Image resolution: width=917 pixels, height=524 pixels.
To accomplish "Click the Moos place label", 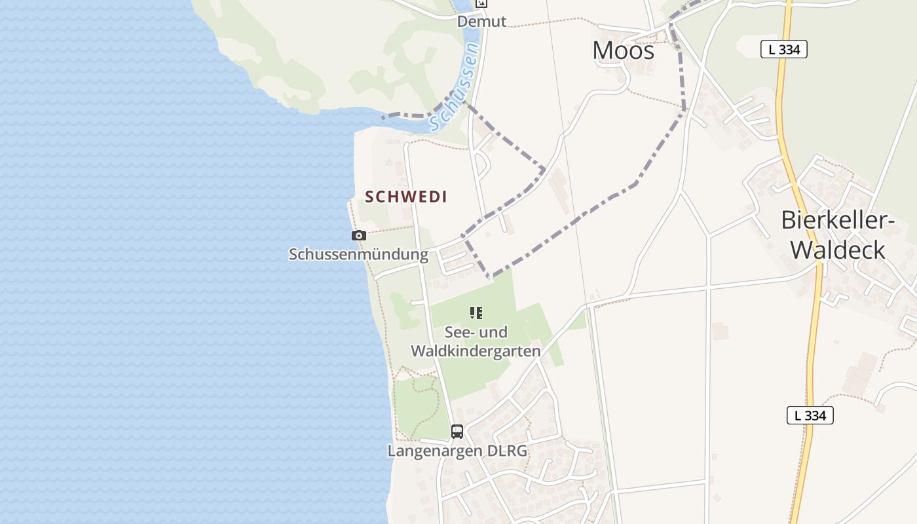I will (x=623, y=50).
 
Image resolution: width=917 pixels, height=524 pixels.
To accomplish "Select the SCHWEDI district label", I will (x=406, y=196).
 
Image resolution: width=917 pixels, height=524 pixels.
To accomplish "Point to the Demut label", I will (x=481, y=22).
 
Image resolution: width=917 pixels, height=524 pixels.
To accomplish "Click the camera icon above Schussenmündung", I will (x=358, y=235).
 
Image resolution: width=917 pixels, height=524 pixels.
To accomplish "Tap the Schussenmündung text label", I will (x=358, y=254).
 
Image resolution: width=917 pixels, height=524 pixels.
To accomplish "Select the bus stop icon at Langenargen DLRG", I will (x=457, y=432).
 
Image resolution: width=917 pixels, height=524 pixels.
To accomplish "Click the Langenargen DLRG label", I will (x=457, y=451).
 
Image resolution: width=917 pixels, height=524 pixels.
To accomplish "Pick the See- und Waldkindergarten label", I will (x=476, y=341).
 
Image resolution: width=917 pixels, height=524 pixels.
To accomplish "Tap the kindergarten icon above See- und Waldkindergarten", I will (x=476, y=313).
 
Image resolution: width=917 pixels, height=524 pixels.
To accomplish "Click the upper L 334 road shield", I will (x=783, y=49).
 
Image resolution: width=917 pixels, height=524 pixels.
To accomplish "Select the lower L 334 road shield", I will (x=810, y=415).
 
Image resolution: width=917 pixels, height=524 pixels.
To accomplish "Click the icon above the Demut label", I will (x=481, y=3).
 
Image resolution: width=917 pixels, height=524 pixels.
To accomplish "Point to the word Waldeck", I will (x=838, y=250).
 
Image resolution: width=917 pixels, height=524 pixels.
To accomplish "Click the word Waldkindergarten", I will (x=476, y=351).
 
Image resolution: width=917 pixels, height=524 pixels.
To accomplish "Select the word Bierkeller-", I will (x=838, y=221).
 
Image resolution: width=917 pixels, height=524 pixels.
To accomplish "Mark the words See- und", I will (x=476, y=332).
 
